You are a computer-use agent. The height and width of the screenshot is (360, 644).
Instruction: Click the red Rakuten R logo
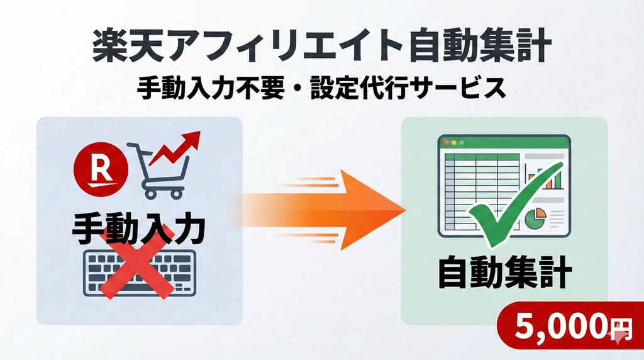(x=101, y=166)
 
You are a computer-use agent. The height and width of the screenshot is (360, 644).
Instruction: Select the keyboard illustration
(x=140, y=273)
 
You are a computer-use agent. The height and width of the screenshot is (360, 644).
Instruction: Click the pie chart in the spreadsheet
(x=536, y=217)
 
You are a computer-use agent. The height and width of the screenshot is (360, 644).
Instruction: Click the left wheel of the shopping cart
(x=150, y=193)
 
